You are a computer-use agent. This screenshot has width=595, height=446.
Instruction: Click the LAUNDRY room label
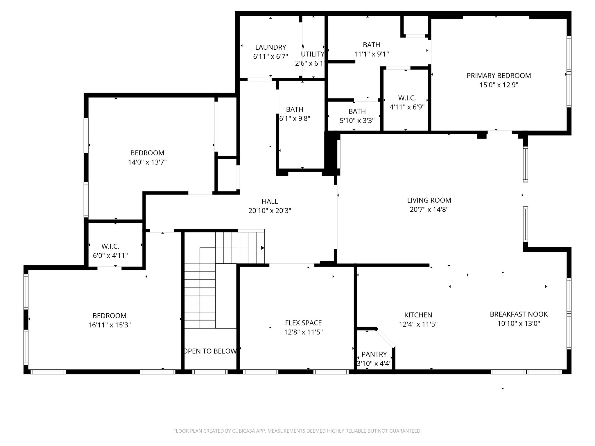270,47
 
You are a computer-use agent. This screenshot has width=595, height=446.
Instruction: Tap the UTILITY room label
312,54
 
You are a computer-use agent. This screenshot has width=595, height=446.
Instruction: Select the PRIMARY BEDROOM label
499,75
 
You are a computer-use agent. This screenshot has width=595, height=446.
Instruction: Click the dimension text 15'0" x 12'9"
499,85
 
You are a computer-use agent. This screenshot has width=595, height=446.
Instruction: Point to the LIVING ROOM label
429,200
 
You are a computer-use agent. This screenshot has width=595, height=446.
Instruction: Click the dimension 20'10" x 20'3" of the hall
270,211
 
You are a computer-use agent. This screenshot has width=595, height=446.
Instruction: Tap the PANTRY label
374,354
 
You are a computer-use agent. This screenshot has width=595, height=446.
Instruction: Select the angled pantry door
386,338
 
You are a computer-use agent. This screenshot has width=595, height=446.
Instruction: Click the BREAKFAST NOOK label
519,314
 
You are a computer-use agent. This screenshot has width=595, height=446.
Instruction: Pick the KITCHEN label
418,315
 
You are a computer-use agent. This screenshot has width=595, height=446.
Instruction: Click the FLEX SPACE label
303,323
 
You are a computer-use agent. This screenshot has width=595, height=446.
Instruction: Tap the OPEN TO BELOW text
210,351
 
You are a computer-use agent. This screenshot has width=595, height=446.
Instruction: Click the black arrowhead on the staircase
262,248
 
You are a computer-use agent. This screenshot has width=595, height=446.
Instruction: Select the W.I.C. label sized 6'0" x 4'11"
110,247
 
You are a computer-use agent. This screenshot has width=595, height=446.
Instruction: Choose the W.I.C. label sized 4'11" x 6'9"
407,98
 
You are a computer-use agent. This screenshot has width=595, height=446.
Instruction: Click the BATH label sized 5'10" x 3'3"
357,111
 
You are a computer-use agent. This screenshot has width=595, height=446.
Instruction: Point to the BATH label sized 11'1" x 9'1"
371,45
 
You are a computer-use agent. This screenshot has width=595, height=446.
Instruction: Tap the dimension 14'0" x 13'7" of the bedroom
147,162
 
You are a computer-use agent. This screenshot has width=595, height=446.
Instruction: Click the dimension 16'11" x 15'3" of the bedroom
110,325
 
